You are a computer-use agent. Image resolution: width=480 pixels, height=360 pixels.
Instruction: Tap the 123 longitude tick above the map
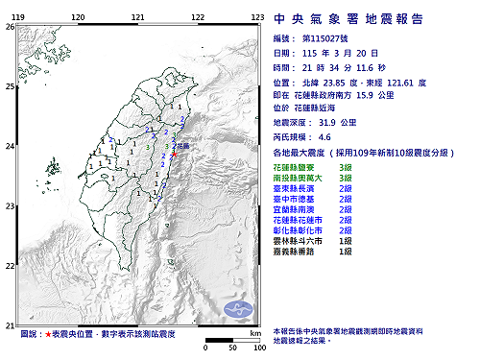tap(257, 18)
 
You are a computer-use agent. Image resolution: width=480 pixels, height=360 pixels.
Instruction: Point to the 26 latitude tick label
tap(10, 27)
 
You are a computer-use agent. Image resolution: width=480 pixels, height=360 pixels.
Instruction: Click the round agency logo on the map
tap(237, 308)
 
